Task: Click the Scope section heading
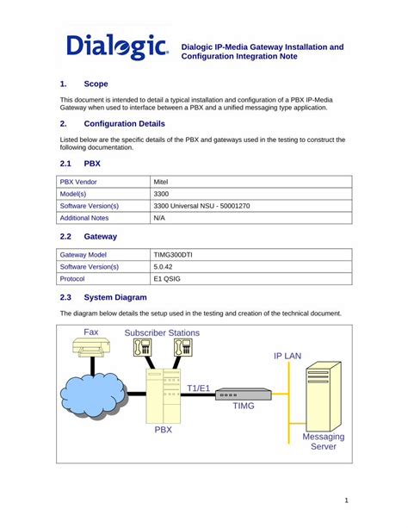[96, 84]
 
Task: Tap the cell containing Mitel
[161, 183]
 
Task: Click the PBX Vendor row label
[80, 183]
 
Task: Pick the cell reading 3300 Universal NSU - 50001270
[201, 207]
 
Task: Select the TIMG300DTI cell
[174, 255]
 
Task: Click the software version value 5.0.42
[164, 267]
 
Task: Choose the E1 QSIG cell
[167, 279]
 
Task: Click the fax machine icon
[91, 348]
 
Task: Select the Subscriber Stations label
[162, 332]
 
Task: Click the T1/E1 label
[199, 388]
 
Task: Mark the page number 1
[345, 500]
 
